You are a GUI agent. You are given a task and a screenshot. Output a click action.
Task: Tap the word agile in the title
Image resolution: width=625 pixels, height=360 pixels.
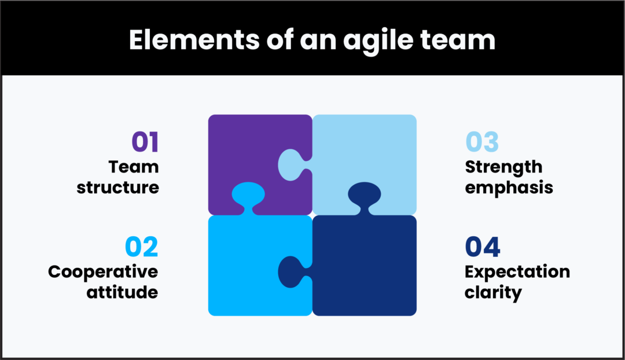(370, 40)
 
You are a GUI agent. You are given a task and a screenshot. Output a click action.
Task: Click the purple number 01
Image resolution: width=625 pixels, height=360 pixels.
(145, 142)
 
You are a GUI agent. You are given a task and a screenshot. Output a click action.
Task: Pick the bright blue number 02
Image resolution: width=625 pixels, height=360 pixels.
(142, 247)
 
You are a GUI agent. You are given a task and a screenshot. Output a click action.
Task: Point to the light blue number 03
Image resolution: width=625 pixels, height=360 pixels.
(482, 142)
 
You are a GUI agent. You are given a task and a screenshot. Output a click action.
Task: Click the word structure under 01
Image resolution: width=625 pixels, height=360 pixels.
(118, 188)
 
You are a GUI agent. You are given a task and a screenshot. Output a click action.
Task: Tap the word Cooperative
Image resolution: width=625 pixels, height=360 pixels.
(103, 271)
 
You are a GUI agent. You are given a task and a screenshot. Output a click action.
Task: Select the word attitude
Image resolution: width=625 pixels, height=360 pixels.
(122, 292)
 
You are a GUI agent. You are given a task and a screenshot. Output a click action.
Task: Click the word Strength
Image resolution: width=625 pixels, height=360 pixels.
(503, 167)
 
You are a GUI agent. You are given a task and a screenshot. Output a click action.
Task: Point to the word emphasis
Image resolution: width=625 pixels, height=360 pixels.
(509, 188)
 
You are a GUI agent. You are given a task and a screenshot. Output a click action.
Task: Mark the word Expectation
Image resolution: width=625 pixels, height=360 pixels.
(517, 271)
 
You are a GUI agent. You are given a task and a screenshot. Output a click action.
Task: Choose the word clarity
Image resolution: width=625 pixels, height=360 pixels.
(493, 292)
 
